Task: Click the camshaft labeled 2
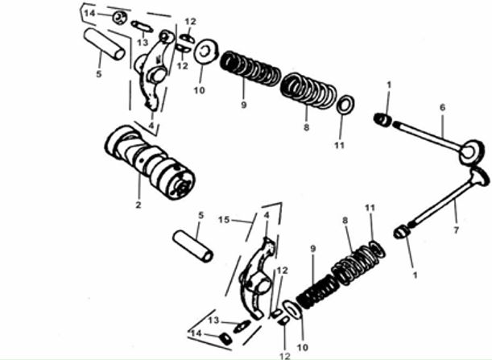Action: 150,162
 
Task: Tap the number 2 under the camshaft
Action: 139,205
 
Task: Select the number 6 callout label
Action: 442,107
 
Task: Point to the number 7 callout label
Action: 456,230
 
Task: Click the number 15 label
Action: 224,220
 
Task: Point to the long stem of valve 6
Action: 427,134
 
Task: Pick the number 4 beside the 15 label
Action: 267,216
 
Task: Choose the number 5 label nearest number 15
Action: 201,215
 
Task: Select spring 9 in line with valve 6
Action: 250,68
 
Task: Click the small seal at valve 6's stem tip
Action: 382,119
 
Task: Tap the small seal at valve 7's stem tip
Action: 402,232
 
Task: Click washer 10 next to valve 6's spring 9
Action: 206,51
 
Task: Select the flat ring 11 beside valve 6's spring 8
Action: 345,104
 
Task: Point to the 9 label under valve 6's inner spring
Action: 244,105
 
